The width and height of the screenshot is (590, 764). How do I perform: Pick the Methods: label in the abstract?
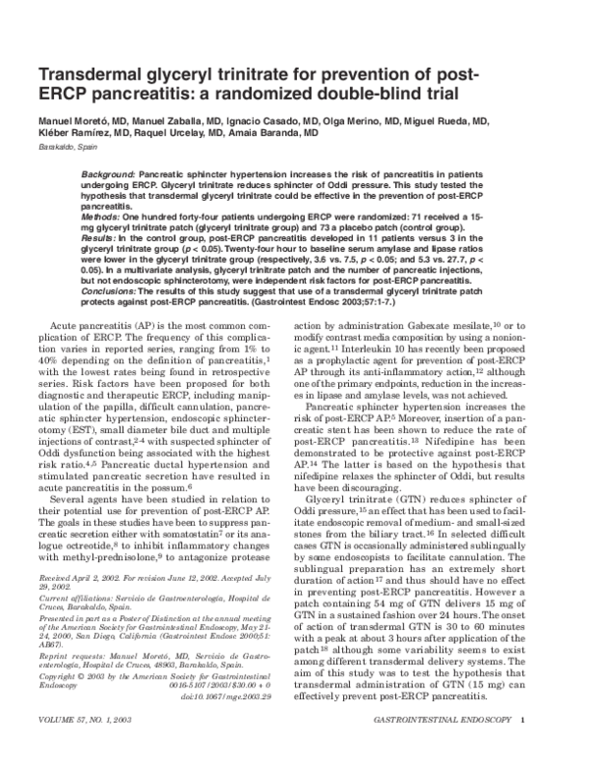[x=102, y=215]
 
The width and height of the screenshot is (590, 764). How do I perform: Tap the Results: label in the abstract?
[x=101, y=238]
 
